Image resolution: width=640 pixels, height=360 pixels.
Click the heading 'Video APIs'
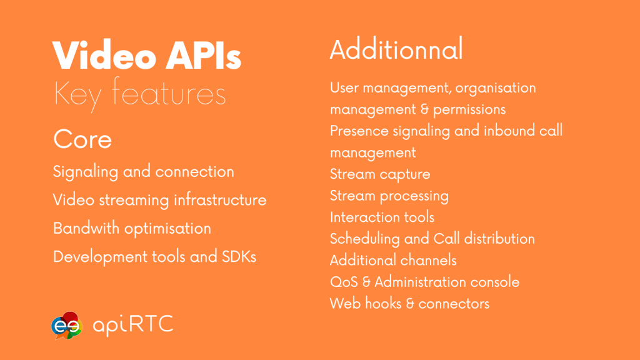(x=147, y=55)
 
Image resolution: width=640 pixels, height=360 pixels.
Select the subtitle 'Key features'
(x=139, y=94)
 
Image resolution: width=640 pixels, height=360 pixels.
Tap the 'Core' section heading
(x=82, y=139)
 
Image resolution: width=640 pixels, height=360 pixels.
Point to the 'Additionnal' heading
(x=396, y=49)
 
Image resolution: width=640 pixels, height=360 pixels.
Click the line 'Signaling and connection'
(x=144, y=172)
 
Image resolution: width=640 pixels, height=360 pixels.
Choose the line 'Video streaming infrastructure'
(x=159, y=200)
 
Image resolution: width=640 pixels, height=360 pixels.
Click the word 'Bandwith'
(x=86, y=228)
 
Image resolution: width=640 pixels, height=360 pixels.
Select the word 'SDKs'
(x=239, y=257)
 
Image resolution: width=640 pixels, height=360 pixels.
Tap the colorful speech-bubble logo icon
(x=67, y=326)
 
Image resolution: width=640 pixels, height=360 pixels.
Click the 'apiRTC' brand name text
(x=133, y=325)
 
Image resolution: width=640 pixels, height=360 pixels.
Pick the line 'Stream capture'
(x=380, y=174)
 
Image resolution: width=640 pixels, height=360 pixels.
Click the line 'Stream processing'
(x=389, y=196)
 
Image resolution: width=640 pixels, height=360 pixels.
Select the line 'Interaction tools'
(x=382, y=217)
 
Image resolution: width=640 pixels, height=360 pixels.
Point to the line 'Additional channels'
(x=393, y=261)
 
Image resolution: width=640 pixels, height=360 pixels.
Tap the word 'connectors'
(x=454, y=304)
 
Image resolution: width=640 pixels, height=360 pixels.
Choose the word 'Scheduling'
(x=365, y=239)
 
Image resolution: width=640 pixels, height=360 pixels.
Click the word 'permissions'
(x=469, y=110)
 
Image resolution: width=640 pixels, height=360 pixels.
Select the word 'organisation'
(x=496, y=88)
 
